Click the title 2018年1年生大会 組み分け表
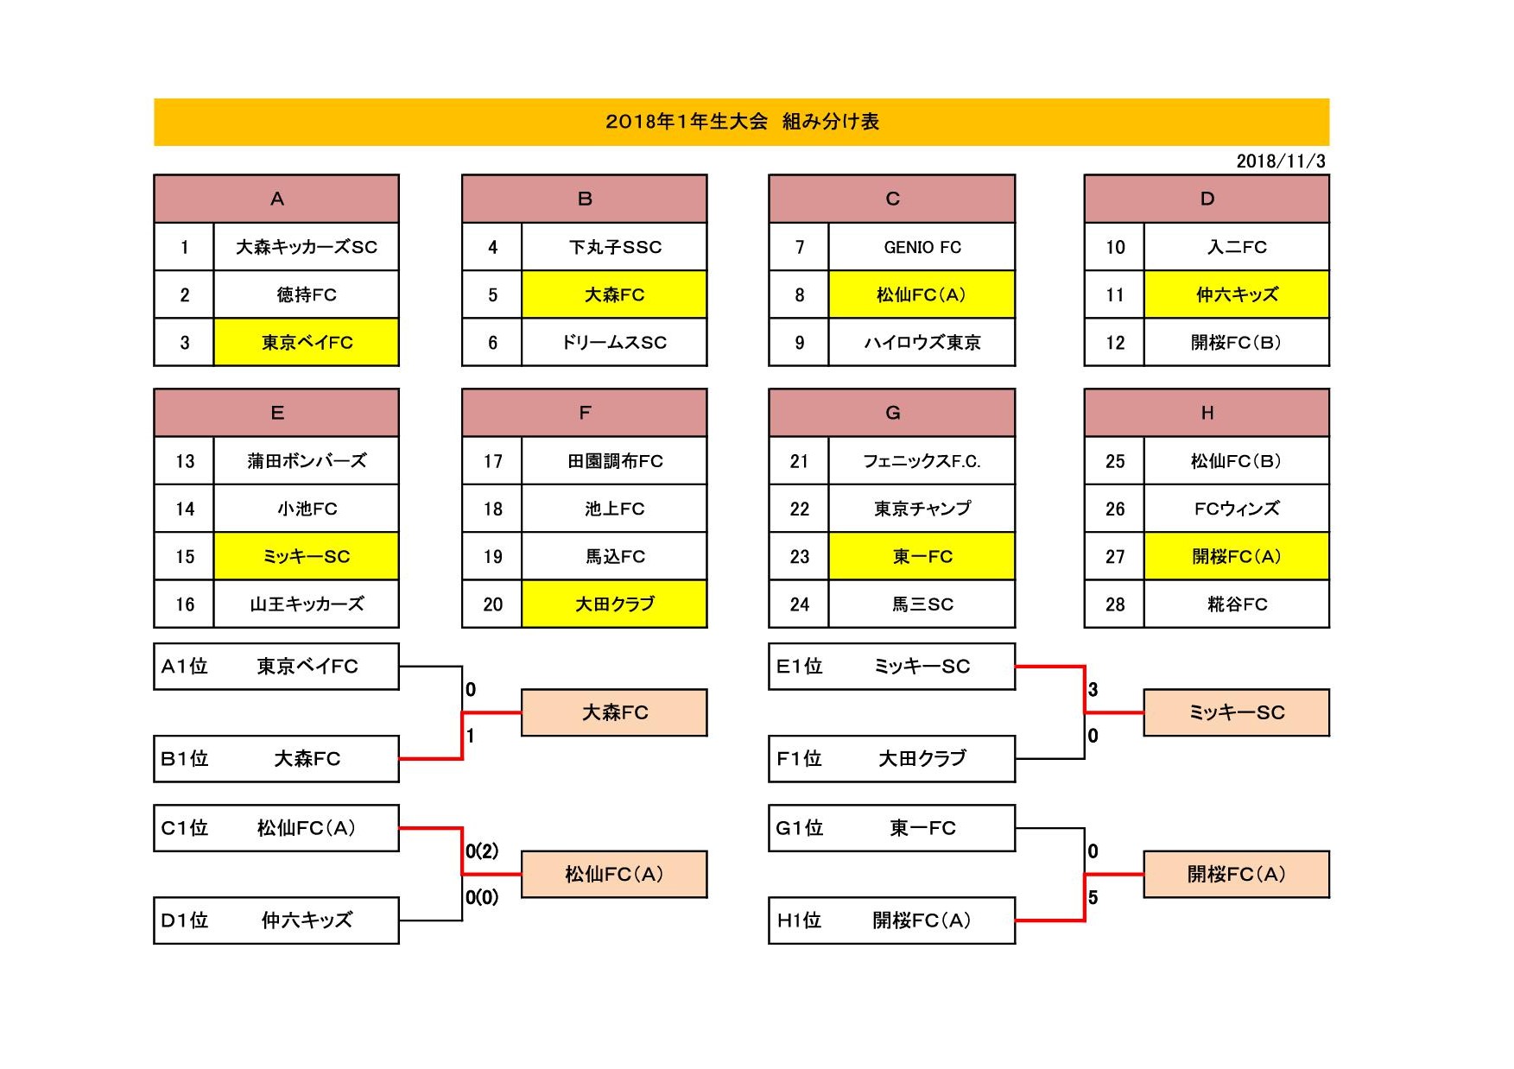[x=742, y=122]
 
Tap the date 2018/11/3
[x=1281, y=161]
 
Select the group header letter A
[x=277, y=199]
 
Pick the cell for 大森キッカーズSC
[x=307, y=247]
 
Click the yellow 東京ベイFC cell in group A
[x=307, y=343]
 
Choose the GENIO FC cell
[x=922, y=247]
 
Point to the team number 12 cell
[x=1114, y=343]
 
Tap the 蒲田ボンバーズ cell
[x=307, y=461]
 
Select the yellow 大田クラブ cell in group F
[x=614, y=604]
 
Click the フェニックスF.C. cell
[x=922, y=461]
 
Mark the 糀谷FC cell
[x=1237, y=604]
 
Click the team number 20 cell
[x=492, y=604]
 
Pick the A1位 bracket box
[x=276, y=667]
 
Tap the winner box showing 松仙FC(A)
[x=614, y=875]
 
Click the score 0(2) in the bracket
[x=482, y=851]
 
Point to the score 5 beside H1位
[x=1093, y=898]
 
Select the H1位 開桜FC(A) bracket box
[x=891, y=920]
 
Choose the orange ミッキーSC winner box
[x=1237, y=712]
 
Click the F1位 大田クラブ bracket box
[x=891, y=759]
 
